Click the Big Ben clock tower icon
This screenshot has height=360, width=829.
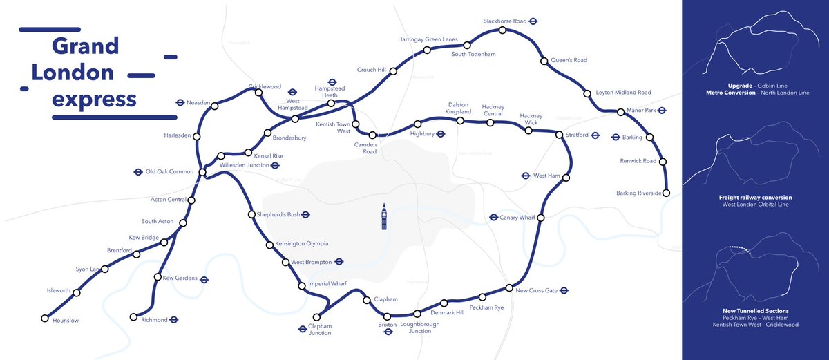(x=384, y=216)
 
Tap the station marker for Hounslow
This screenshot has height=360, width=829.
(x=45, y=319)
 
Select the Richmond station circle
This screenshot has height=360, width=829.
(x=133, y=317)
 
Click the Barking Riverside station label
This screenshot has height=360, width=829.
(x=639, y=193)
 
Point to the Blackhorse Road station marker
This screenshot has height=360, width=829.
(x=502, y=30)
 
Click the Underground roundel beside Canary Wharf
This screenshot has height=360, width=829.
(x=493, y=218)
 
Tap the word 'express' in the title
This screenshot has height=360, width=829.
(x=95, y=99)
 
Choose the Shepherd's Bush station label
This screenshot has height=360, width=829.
(x=278, y=214)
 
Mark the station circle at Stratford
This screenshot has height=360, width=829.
(x=560, y=135)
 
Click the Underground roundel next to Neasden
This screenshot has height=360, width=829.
(x=180, y=102)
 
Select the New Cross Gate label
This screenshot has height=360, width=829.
(x=537, y=290)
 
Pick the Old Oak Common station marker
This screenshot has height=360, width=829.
(x=202, y=172)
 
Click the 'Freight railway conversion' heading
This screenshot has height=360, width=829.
(x=755, y=198)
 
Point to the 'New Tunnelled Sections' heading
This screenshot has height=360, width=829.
(x=755, y=311)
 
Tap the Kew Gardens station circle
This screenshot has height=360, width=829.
(x=158, y=278)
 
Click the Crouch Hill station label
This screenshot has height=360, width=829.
(x=372, y=70)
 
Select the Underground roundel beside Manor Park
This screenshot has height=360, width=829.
(x=661, y=110)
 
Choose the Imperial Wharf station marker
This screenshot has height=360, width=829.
(x=301, y=285)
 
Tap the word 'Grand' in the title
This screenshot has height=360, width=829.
(x=85, y=46)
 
